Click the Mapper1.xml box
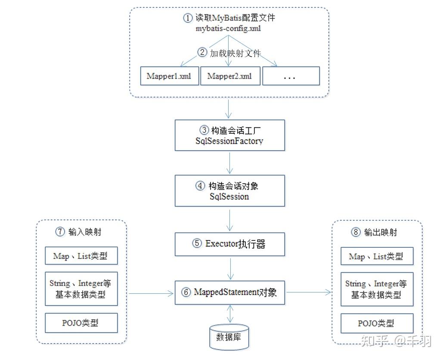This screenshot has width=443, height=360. (x=169, y=76)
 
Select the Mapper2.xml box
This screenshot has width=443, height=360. (x=229, y=76)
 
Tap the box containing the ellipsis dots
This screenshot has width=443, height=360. (x=291, y=76)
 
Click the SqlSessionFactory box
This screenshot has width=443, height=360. (x=229, y=135)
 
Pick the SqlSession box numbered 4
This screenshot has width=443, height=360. (x=229, y=191)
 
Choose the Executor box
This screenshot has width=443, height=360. (x=229, y=244)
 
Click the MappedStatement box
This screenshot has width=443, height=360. (x=229, y=292)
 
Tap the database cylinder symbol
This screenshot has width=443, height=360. (x=229, y=336)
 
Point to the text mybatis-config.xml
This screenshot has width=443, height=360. (x=228, y=29)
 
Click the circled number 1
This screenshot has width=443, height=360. (x=187, y=18)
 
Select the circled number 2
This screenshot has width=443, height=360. (x=202, y=52)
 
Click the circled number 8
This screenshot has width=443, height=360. (x=355, y=232)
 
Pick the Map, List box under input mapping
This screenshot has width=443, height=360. (x=81, y=256)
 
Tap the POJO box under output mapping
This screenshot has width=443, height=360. (x=377, y=323)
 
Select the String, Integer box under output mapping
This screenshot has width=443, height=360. (x=377, y=289)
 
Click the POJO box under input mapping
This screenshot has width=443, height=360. (x=81, y=323)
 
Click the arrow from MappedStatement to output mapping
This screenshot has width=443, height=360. (x=308, y=292)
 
